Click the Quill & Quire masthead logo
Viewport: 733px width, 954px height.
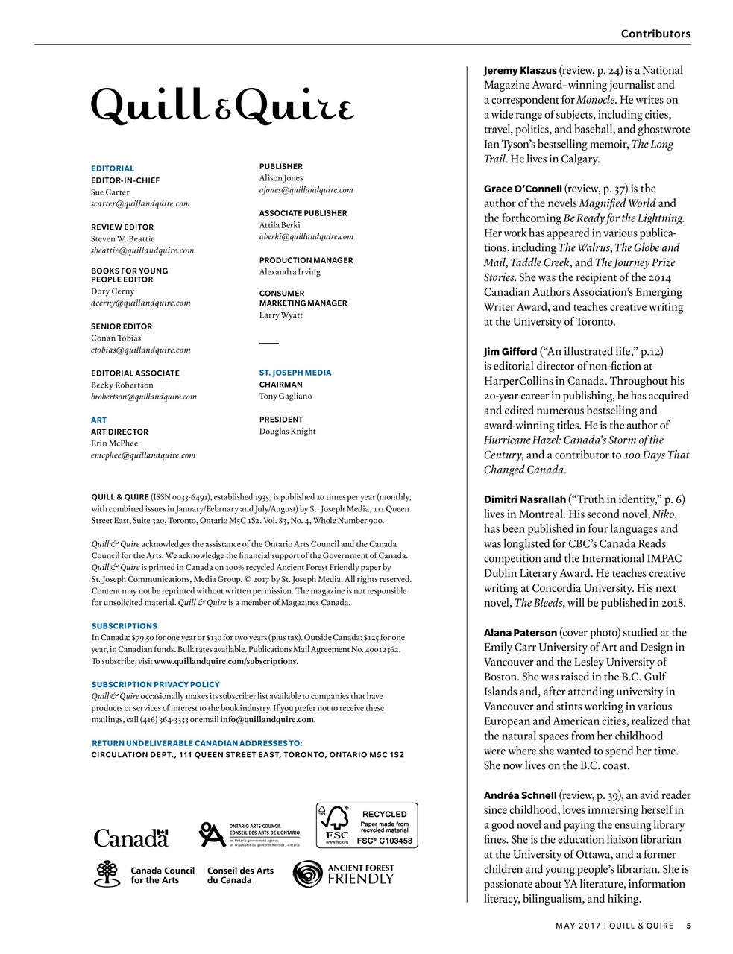pos(222,107)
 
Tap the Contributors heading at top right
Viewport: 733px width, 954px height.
pos(655,34)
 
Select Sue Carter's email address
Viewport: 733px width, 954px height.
pos(140,203)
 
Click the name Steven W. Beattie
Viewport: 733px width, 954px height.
pos(123,238)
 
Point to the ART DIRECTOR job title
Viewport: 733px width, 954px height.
pos(119,432)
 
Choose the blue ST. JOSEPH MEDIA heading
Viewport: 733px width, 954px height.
pos(295,373)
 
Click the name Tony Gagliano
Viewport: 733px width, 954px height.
pos(286,396)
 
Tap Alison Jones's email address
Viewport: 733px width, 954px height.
pos(306,190)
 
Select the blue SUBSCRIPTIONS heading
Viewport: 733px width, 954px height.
pos(124,626)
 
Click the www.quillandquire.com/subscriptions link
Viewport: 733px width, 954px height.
pos(225,661)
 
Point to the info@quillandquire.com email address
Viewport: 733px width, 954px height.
pos(267,719)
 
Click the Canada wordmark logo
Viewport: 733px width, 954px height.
pos(131,838)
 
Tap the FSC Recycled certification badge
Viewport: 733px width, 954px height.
pos(367,825)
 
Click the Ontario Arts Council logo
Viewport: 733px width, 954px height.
pos(249,834)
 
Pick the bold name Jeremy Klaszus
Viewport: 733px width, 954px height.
pos(520,70)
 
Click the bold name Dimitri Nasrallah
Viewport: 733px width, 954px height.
pos(524,499)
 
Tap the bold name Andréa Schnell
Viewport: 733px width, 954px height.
pos(520,795)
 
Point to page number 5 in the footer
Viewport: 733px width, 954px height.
pos(688,926)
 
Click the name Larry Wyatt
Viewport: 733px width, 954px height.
pos(281,315)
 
